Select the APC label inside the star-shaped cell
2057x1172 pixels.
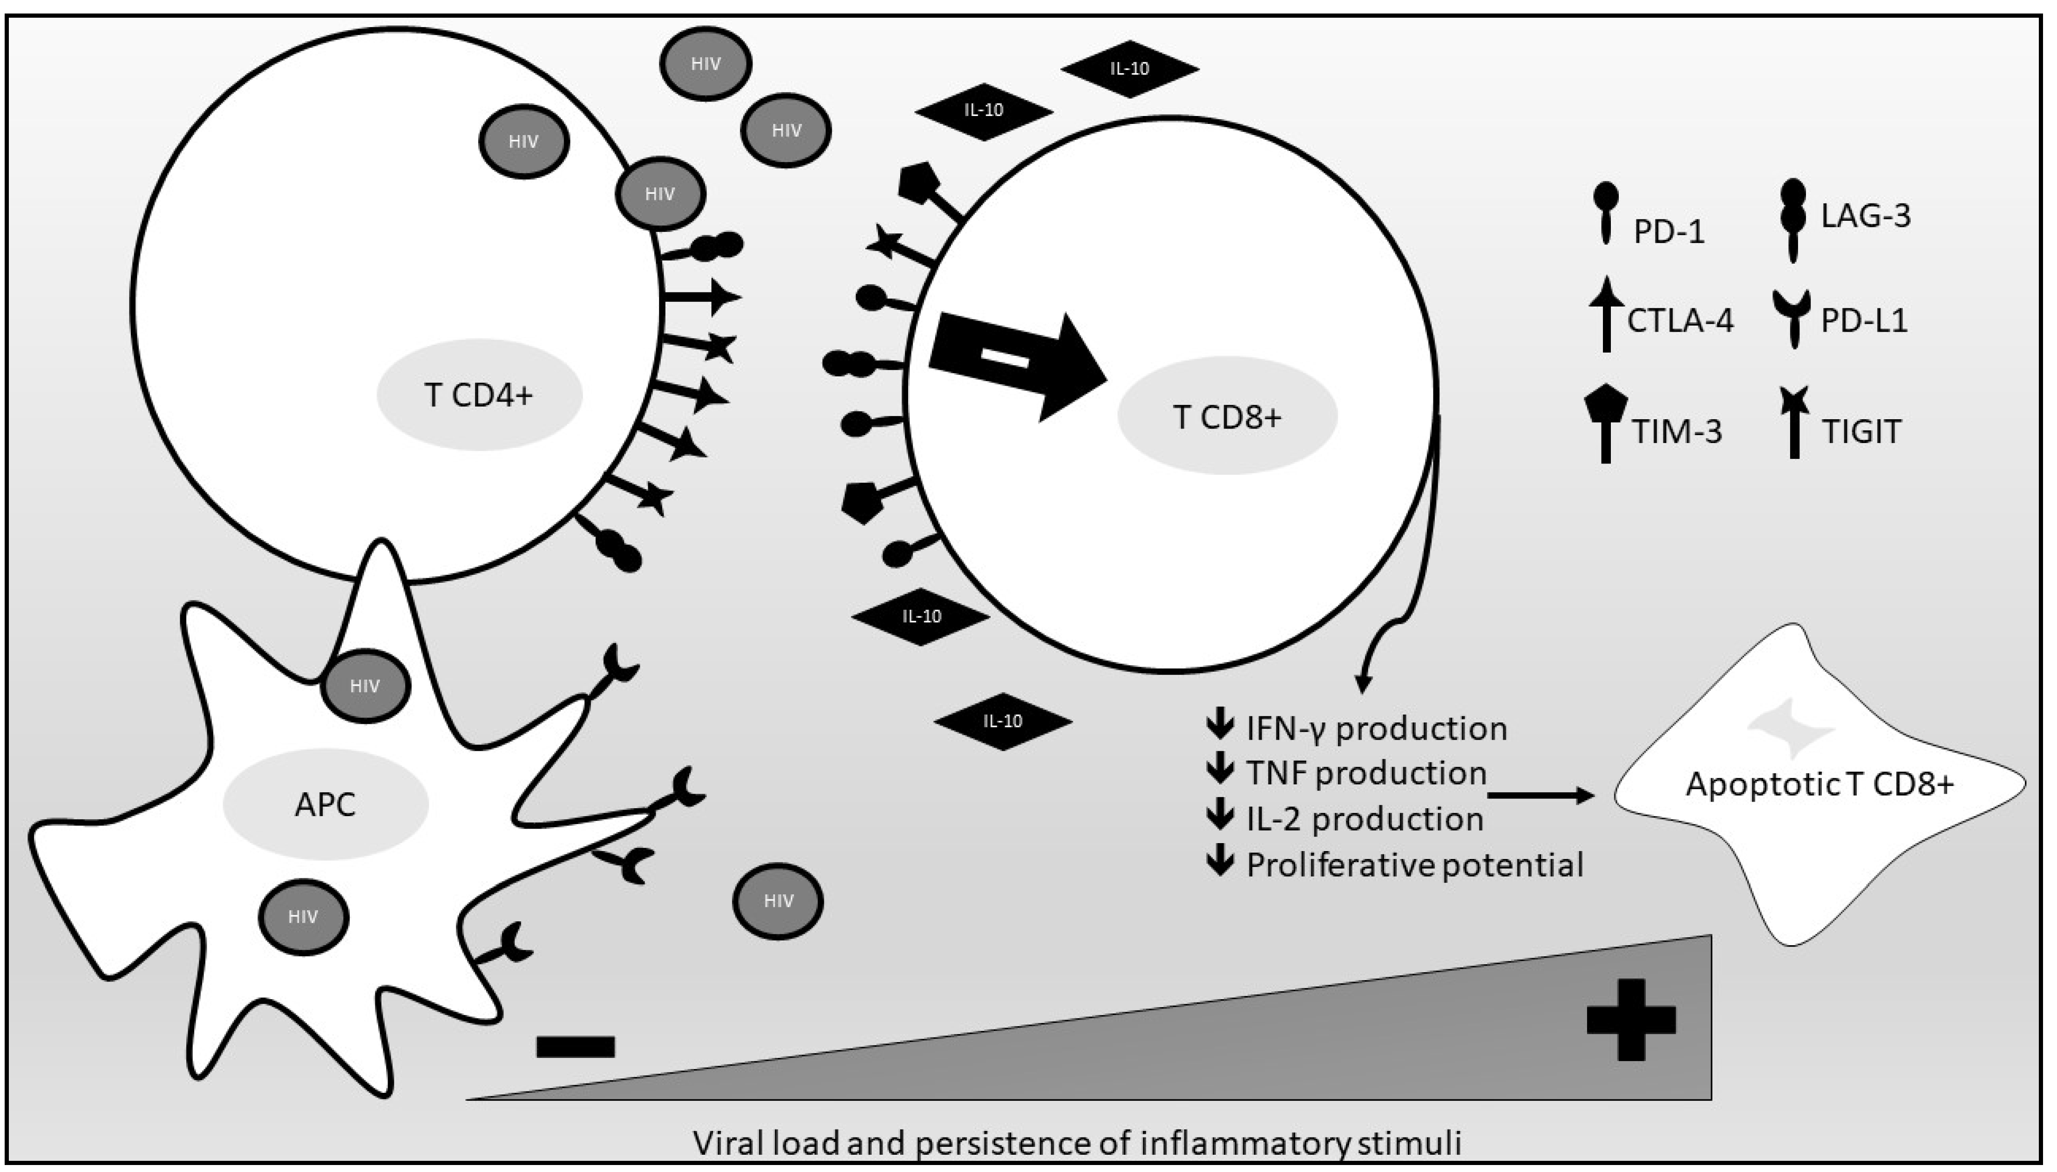pyautogui.click(x=325, y=804)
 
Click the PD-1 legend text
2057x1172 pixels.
pyautogui.click(x=1668, y=232)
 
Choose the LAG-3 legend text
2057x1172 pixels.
pyautogui.click(x=1866, y=216)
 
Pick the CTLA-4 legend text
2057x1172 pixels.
pyautogui.click(x=1680, y=320)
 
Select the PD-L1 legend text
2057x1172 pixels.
pyautogui.click(x=1864, y=320)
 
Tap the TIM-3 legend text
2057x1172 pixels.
pyautogui.click(x=1677, y=432)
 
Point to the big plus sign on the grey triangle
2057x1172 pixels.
pyautogui.click(x=1630, y=1019)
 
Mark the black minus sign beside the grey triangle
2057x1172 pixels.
pyautogui.click(x=576, y=1046)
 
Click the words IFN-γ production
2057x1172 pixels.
pyautogui.click(x=1376, y=729)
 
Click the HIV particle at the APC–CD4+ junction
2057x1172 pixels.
pyautogui.click(x=366, y=686)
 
